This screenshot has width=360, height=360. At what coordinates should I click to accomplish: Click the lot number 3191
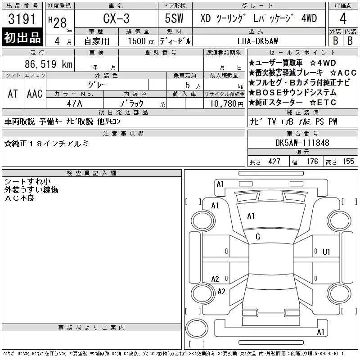click(x=22, y=19)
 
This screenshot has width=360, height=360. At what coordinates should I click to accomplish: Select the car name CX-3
click(x=116, y=18)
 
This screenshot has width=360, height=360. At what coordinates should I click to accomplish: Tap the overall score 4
click(x=343, y=18)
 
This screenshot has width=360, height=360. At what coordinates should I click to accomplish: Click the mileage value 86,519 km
click(x=49, y=64)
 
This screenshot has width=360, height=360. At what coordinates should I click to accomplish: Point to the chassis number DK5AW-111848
click(x=302, y=143)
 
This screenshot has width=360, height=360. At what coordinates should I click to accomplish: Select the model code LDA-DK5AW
click(x=257, y=41)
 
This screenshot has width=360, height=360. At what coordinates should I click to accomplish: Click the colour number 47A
click(x=74, y=103)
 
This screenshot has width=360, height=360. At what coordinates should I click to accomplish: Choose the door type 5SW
click(x=174, y=18)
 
